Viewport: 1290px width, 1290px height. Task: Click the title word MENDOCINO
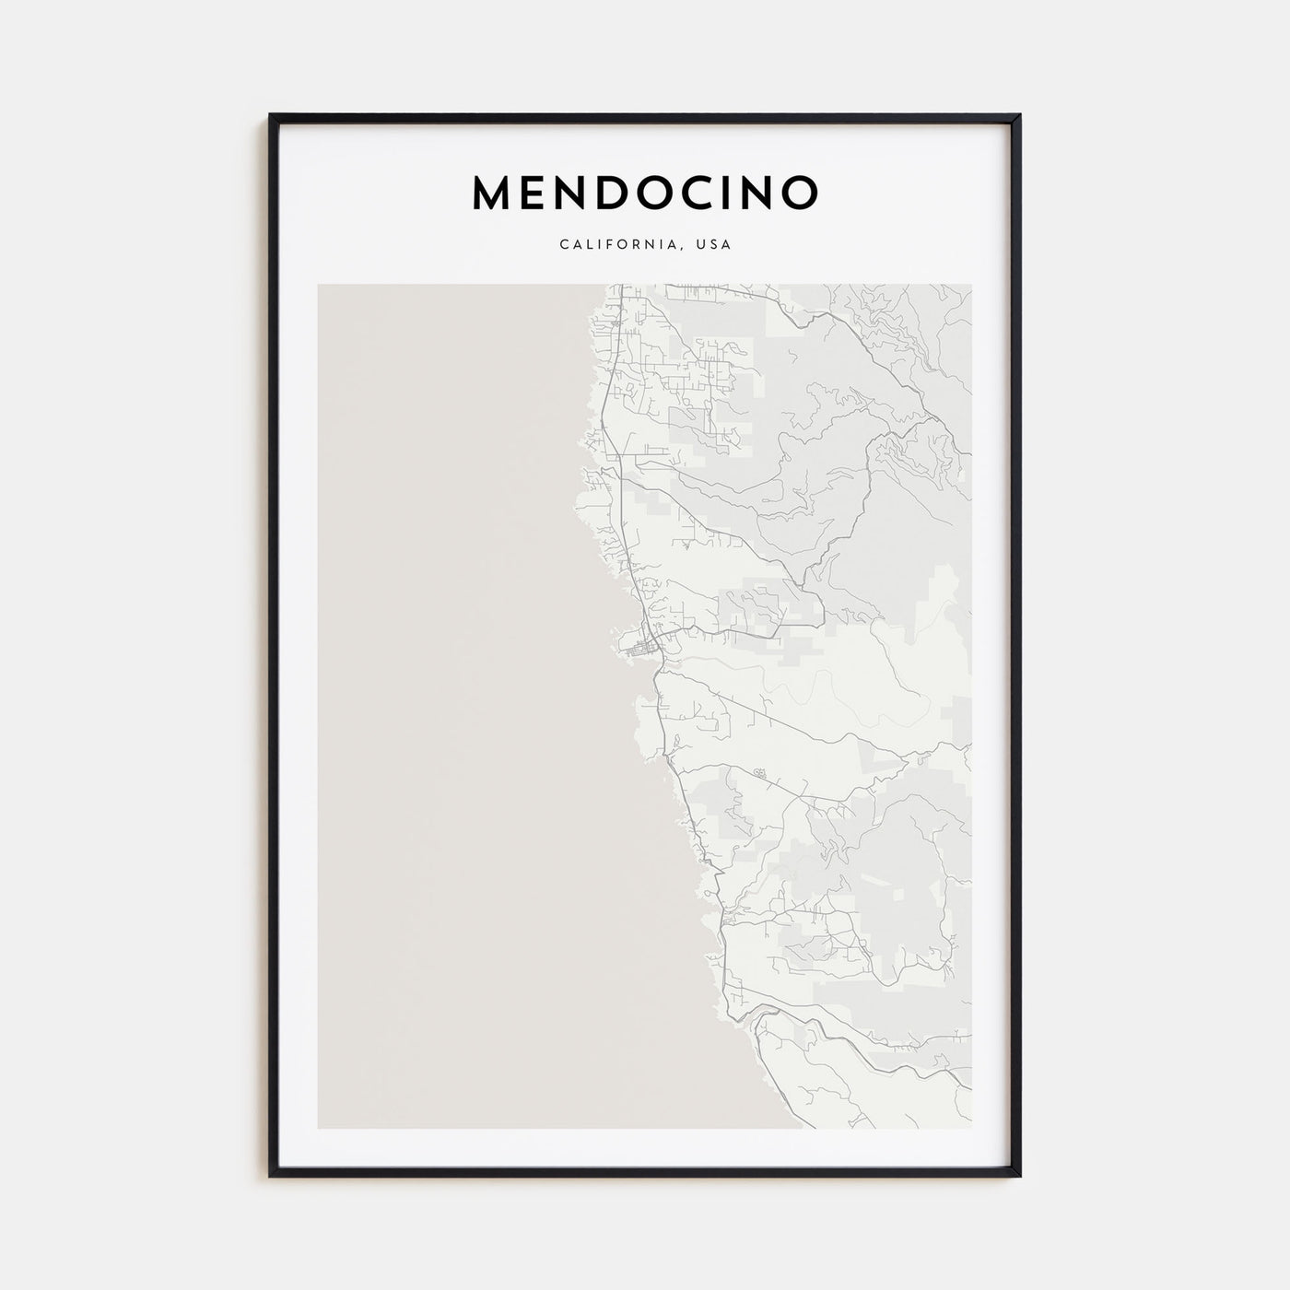(x=645, y=193)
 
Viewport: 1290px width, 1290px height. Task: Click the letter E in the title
(x=539, y=193)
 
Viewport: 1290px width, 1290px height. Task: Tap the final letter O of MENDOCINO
(x=798, y=193)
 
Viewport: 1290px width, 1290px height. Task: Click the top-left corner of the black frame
(x=271, y=116)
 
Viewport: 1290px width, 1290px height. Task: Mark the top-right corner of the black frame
(x=1019, y=116)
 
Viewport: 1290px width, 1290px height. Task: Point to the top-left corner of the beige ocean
(x=319, y=285)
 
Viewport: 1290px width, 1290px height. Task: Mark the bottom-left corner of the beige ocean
(x=319, y=1127)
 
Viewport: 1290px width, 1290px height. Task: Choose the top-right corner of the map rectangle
(x=970, y=285)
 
